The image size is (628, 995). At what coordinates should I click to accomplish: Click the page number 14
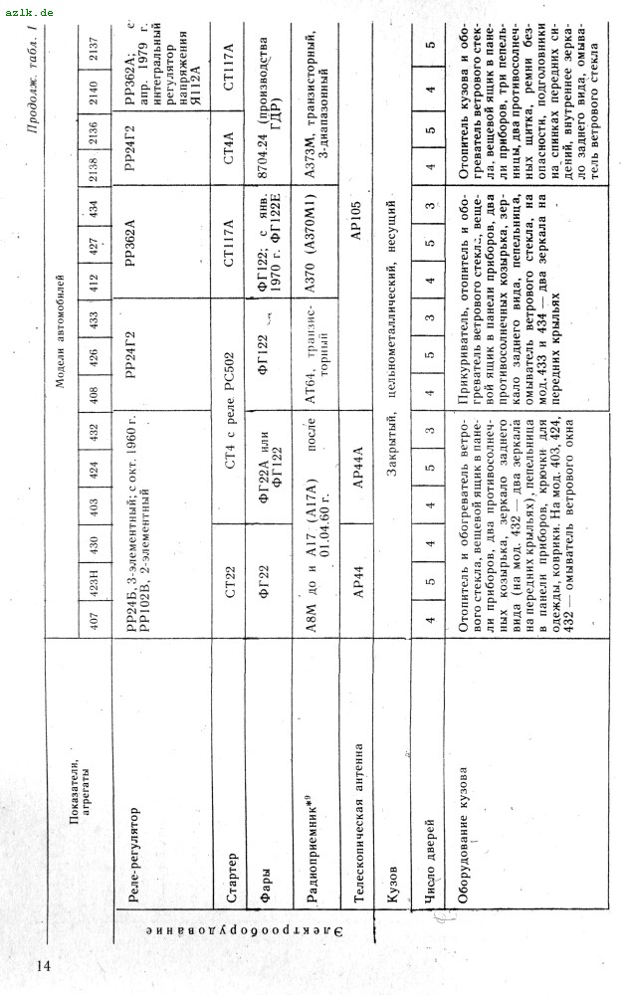[x=45, y=964]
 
